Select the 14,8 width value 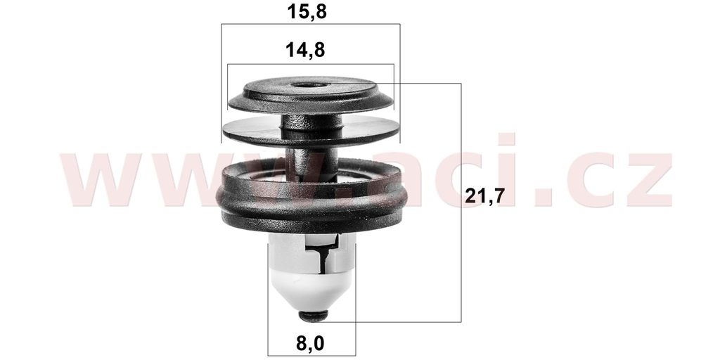point(305,50)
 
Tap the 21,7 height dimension point(485,196)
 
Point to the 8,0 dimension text point(310,343)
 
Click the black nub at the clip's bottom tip point(314,316)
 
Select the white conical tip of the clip point(311,289)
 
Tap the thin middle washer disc point(311,131)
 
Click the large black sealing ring point(311,198)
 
